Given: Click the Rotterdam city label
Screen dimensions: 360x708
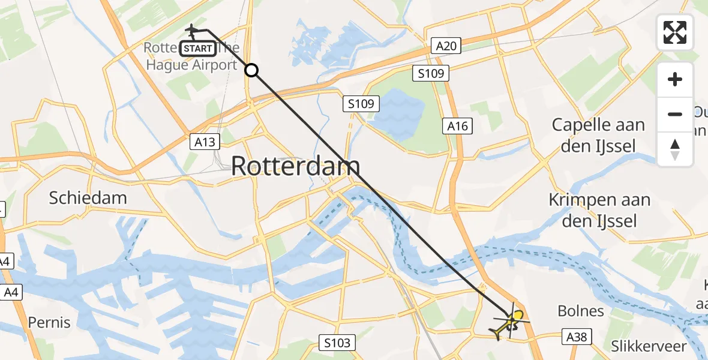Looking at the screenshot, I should coord(296,166).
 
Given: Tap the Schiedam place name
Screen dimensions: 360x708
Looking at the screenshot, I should coord(88,198).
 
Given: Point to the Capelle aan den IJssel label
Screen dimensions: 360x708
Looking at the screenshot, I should coord(598,135).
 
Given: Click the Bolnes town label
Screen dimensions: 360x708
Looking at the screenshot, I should coord(581,311).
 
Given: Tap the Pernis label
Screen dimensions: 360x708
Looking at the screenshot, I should coord(49,322).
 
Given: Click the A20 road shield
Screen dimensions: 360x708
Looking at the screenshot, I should coord(446,46).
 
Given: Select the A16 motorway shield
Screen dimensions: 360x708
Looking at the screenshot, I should coord(457,126).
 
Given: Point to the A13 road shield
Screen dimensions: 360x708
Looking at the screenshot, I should coord(205,142).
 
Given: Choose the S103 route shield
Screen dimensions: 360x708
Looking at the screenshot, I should coord(336,343).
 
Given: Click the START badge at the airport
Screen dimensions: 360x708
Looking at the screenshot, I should coord(197,49).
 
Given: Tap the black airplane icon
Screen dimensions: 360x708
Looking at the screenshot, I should coord(192,29).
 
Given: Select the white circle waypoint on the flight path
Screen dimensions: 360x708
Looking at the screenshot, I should coord(252,70).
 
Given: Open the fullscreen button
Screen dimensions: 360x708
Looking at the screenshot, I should coord(675,32).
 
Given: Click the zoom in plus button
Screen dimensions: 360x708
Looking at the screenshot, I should coord(675,80).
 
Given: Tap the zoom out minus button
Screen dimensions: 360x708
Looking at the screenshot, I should coord(675,114).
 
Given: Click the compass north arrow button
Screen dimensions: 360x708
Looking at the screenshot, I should coord(675,149).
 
